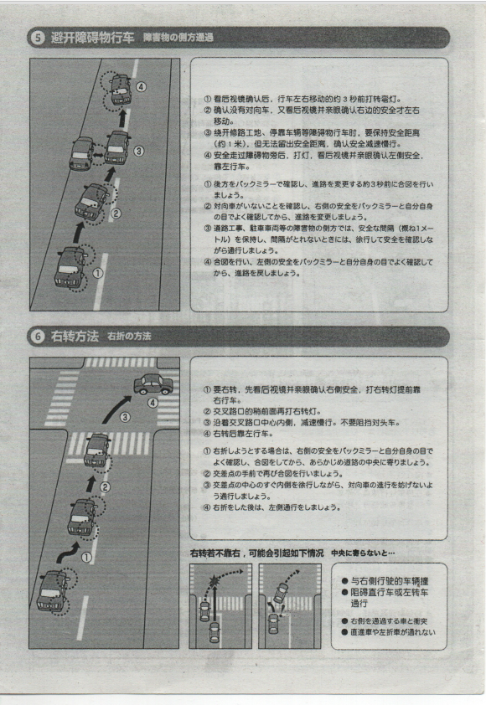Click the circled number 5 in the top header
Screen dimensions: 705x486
pyautogui.click(x=39, y=39)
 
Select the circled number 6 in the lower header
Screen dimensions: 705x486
pyautogui.click(x=39, y=337)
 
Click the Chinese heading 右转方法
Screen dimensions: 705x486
pyautogui.click(x=74, y=337)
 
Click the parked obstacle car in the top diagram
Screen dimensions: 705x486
pyautogui.click(x=83, y=153)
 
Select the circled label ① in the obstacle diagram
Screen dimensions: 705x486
pyautogui.click(x=98, y=271)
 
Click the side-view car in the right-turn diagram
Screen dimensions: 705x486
pyautogui.click(x=153, y=383)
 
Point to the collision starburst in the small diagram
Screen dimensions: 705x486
pyautogui.click(x=211, y=579)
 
